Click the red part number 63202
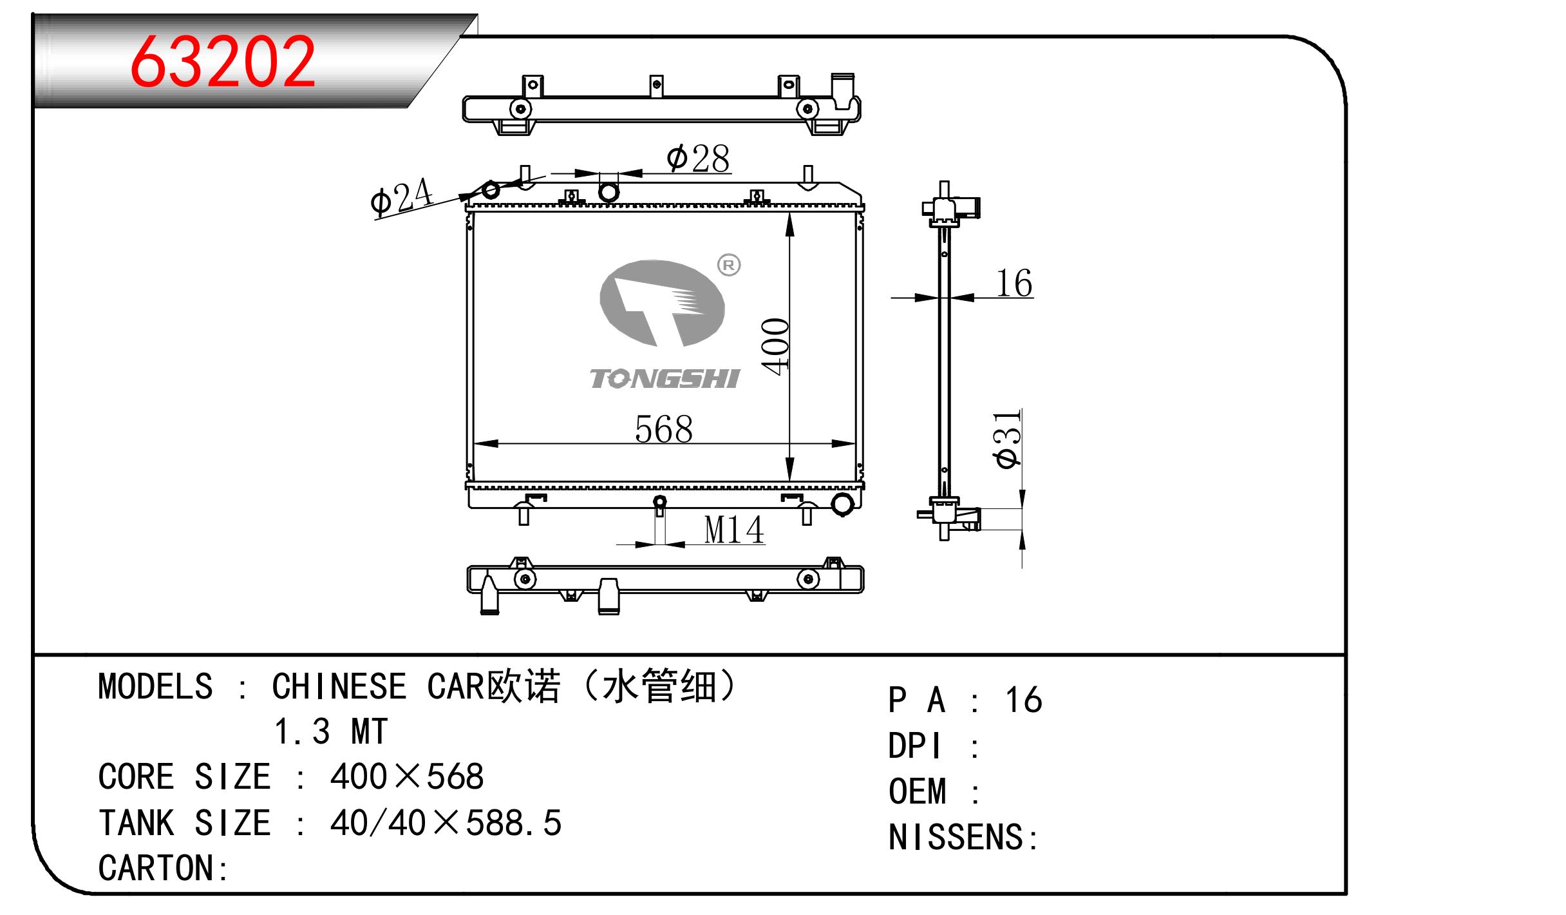tap(223, 62)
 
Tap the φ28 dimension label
tap(698, 158)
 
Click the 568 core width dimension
tap(663, 429)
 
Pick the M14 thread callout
tap(733, 530)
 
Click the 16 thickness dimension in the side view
tap(1014, 283)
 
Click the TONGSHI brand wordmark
tap(665, 379)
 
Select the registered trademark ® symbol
tap(729, 265)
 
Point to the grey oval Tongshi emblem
tap(661, 303)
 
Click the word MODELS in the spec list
tap(155, 687)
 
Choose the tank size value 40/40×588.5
tap(446, 823)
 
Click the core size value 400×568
tap(406, 777)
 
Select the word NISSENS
tap(956, 838)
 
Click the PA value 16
tap(1023, 700)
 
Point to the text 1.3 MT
tap(331, 732)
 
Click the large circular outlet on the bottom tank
tap(842, 505)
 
